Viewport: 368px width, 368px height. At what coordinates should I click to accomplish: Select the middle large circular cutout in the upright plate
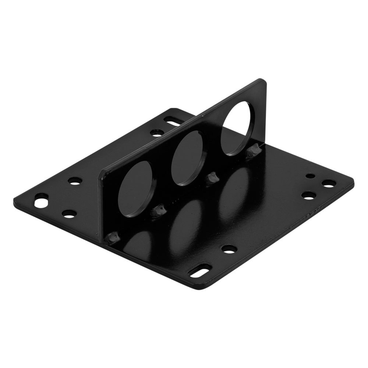pos(189,158)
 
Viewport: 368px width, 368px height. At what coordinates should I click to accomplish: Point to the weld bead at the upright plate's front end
pos(112,239)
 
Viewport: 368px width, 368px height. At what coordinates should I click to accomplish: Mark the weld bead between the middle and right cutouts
pos(212,179)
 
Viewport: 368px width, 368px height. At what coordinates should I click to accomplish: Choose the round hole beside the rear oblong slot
pos(157,131)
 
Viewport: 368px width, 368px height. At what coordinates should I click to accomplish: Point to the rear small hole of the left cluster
pos(75,181)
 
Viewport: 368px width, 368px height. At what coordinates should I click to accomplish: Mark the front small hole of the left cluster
pos(68,213)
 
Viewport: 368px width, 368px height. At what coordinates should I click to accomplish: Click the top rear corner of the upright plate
pos(262,80)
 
